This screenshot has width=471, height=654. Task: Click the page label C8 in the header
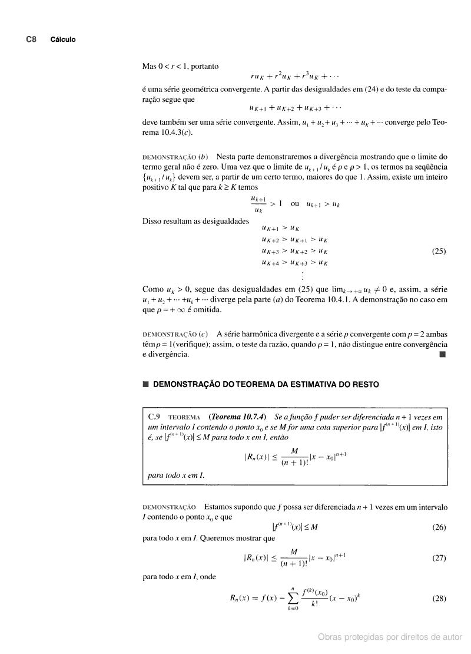click(x=31, y=39)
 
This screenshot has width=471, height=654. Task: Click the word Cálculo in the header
click(x=63, y=39)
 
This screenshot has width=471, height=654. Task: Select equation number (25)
click(x=439, y=251)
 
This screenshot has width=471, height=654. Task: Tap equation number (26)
click(x=439, y=527)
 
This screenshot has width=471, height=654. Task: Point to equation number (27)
click(x=439, y=557)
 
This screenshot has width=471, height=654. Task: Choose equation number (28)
click(x=439, y=599)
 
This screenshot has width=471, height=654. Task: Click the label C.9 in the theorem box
click(x=155, y=417)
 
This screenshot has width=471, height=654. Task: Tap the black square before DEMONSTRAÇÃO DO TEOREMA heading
click(x=145, y=385)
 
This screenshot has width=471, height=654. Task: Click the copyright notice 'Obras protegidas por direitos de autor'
click(x=390, y=636)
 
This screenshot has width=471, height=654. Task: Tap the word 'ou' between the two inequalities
click(x=295, y=203)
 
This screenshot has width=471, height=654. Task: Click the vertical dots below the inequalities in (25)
click(x=303, y=276)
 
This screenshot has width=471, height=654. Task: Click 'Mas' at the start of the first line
click(x=149, y=66)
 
